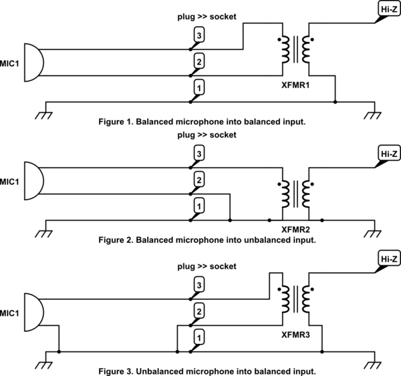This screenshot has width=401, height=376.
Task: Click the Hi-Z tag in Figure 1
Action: (387, 10)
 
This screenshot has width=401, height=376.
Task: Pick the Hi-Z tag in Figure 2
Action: (387, 153)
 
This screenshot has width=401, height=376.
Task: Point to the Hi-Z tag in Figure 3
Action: (387, 258)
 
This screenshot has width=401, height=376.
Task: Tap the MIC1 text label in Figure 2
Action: (9, 182)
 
